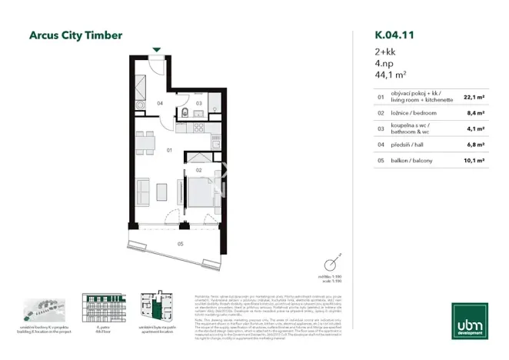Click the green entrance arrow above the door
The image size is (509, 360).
tap(157, 50)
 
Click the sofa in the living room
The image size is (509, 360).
tap(141, 192)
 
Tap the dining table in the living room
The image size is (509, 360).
tap(144, 140)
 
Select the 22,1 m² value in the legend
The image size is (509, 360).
tap(473, 98)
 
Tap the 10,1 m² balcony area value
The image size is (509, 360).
tap(473, 160)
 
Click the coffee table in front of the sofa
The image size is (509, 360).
tap(161, 190)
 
